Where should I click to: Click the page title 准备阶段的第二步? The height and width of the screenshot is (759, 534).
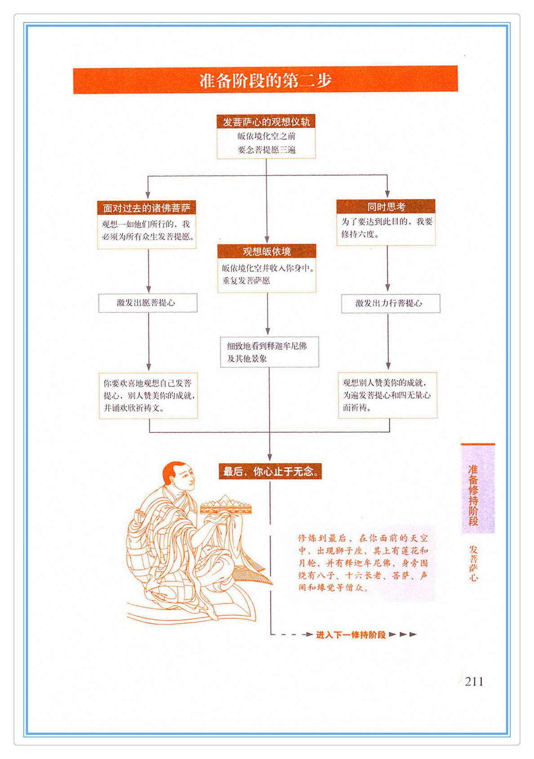pos(265,81)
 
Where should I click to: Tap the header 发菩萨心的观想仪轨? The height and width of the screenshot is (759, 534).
pos(266,121)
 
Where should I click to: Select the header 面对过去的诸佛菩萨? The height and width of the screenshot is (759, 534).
pos(147,208)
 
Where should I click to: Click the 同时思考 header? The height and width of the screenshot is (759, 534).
pos(386,207)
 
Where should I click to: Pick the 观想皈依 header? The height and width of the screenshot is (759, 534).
pos(267,251)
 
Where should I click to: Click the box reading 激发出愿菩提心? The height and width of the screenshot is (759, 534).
pos(147,303)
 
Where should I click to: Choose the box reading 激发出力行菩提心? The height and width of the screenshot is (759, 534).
pos(390,303)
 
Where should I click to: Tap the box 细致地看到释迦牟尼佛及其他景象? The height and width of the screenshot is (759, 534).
pos(269,352)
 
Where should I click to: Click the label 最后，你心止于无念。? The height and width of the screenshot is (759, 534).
pos(270,471)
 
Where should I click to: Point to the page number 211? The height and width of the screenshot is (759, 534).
pos(474,681)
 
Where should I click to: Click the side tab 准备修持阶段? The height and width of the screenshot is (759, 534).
pos(473,495)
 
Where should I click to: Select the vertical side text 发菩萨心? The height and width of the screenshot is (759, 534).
pos(473,563)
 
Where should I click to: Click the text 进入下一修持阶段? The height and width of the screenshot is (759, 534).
pos(351,634)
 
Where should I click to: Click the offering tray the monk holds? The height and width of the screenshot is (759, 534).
pos(226,507)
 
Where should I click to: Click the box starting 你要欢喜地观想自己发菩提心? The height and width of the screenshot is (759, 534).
pos(148,395)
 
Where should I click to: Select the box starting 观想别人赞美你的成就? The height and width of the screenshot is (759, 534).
pos(387,395)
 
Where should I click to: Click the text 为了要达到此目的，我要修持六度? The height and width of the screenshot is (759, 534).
pos(386,228)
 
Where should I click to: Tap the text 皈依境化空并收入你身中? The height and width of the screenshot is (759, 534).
pos(267,268)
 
